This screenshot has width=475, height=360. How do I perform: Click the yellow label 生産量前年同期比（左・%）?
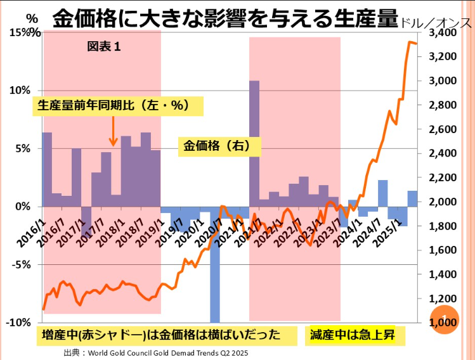[x=118, y=106]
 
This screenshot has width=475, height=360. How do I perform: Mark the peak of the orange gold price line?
[x=410, y=42]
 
